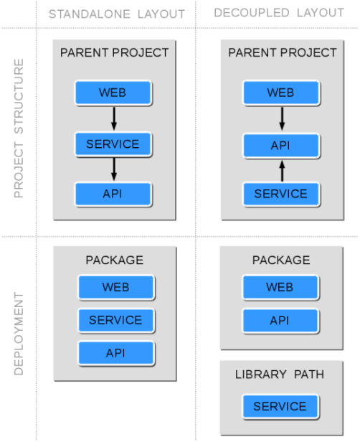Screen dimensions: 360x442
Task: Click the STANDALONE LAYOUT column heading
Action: coord(117,14)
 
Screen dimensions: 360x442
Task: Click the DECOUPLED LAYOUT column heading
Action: coord(279,13)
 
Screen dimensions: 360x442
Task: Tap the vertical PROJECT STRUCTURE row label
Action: coord(19,128)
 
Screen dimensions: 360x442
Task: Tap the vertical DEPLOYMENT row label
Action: coord(19,334)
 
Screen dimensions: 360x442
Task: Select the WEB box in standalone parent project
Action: coord(113,93)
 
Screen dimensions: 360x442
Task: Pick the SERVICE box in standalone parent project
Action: coord(113,144)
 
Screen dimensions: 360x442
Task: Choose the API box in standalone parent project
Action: coord(113,194)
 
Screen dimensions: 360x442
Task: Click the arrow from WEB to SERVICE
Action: coord(114,118)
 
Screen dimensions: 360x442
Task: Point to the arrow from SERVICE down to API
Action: coord(114,169)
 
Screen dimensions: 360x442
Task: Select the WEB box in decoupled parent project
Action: coord(281,93)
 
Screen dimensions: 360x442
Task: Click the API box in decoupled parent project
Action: coord(281,146)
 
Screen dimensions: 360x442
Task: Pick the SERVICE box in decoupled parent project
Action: coord(281,194)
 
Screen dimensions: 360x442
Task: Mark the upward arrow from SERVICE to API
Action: coord(282,171)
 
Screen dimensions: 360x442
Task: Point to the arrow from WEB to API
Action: coord(282,118)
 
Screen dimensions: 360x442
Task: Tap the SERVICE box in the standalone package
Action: coord(116,320)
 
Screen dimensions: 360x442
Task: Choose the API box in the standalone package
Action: coord(116,353)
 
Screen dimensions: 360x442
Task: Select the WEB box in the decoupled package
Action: coord(280,287)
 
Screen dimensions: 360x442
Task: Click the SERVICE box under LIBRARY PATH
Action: coord(280,406)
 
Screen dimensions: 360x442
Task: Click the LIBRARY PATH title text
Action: coord(280,375)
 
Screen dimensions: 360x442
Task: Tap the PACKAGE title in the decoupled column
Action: coord(281,260)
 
